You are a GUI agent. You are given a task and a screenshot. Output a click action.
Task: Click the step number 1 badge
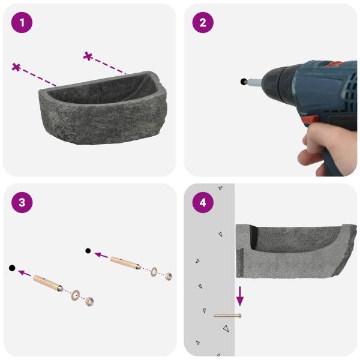(x=22, y=23)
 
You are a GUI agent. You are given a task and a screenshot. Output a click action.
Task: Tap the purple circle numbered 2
(x=203, y=23)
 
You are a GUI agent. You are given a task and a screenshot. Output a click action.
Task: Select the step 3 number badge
(x=22, y=203)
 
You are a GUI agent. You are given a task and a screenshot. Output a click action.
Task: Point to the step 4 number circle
(x=203, y=203)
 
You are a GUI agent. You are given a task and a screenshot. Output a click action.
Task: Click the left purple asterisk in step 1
(x=16, y=67)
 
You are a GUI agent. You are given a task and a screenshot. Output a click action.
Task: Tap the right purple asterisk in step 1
(x=88, y=56)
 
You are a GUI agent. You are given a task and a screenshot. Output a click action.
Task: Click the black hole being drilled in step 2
(x=243, y=81)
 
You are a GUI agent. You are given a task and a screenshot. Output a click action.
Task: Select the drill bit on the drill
(x=253, y=82)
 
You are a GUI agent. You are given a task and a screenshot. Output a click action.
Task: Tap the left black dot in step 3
(x=12, y=268)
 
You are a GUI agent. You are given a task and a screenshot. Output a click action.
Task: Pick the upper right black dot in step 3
(x=88, y=251)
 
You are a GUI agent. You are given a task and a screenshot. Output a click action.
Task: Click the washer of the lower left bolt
(x=76, y=295)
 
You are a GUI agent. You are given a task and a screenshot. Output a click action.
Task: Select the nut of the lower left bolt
(x=89, y=301)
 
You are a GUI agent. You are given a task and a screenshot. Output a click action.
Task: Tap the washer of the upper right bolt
(x=154, y=272)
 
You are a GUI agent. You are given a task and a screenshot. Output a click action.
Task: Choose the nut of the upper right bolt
(x=169, y=277)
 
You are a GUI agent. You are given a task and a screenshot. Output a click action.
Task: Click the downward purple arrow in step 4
(x=240, y=296)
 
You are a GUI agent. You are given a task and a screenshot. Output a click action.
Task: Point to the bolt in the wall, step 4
(x=227, y=316)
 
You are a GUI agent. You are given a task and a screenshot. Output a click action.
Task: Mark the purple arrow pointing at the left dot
(x=25, y=273)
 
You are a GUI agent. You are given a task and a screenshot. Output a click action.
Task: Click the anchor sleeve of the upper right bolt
(x=125, y=263)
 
